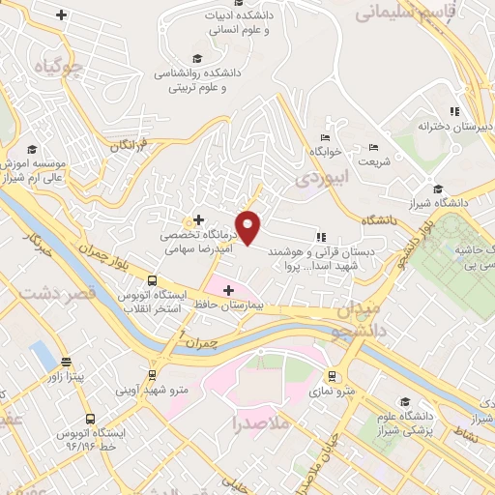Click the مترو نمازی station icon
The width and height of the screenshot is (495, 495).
[333, 375]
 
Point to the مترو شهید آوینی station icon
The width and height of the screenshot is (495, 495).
[152, 375]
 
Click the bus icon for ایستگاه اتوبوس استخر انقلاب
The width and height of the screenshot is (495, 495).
[151, 281]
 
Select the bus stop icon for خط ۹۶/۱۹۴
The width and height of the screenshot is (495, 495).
[91, 420]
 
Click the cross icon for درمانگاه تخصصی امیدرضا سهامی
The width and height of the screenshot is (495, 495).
[198, 220]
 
